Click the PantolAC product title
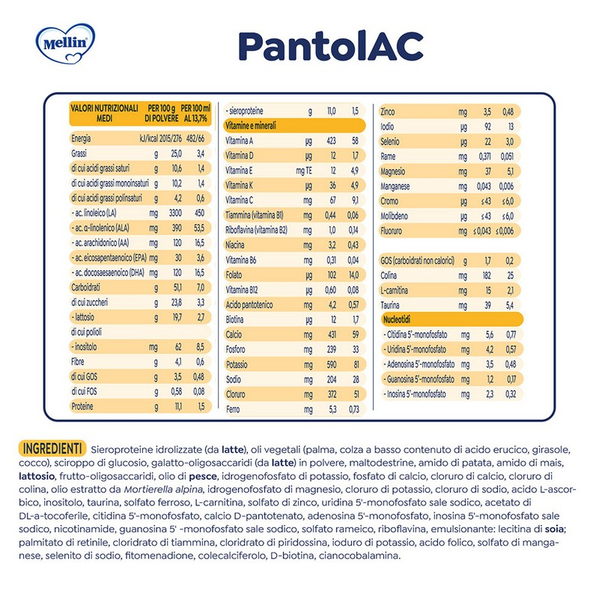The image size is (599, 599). (x=330, y=46)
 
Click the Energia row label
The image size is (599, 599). (x=81, y=139)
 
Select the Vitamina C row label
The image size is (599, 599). (x=240, y=200)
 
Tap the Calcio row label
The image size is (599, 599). (x=235, y=333)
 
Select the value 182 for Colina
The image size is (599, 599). (x=487, y=275)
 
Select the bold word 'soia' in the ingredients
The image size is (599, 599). (x=553, y=529)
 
